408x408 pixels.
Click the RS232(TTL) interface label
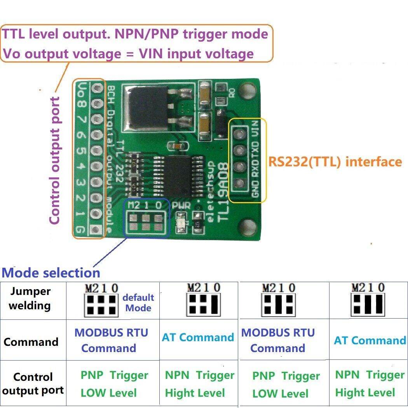[335, 162]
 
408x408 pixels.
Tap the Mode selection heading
[51, 272]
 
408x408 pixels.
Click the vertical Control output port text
[55, 160]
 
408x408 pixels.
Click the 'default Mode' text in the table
[138, 303]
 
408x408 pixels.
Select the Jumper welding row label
[30, 298]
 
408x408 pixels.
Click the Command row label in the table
[31, 342]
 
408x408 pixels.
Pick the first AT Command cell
[198, 337]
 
